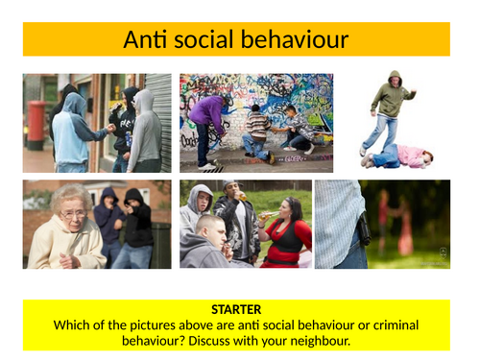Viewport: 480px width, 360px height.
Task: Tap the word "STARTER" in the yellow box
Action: coord(236,310)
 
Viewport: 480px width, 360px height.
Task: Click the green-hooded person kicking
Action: coord(388,110)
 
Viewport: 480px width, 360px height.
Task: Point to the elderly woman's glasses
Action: coord(71,213)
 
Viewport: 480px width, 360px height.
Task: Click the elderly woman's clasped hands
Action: coord(67,257)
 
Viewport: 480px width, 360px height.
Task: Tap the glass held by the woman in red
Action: coord(260,216)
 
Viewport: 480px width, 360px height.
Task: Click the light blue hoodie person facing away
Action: coord(70,134)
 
